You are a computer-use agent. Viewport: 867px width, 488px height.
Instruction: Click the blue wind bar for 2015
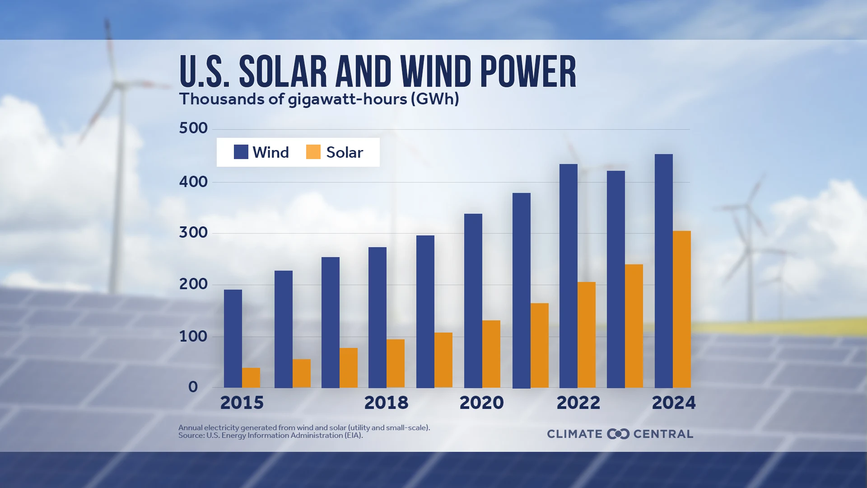click(233, 338)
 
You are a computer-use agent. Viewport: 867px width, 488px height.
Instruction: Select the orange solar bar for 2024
click(682, 309)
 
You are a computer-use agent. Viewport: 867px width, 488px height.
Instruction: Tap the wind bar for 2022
click(569, 276)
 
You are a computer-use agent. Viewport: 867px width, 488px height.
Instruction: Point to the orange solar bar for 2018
click(396, 363)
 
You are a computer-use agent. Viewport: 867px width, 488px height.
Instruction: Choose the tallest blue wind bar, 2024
click(664, 271)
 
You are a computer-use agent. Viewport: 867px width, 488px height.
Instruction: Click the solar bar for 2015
click(251, 378)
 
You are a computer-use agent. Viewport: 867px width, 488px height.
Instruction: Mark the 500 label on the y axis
click(193, 128)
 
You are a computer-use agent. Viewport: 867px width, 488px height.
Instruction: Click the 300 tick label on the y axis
click(193, 233)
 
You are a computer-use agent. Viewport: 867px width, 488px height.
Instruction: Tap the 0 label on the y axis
click(193, 387)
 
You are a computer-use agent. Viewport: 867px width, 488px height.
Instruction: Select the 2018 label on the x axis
click(386, 403)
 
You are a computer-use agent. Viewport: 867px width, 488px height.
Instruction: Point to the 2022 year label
click(578, 403)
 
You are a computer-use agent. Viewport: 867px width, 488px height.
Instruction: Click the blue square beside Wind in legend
click(241, 152)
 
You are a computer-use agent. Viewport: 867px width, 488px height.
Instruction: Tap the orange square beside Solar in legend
click(313, 152)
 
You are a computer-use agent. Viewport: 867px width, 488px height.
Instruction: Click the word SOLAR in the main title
click(283, 72)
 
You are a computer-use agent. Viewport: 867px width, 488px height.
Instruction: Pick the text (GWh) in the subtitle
click(435, 99)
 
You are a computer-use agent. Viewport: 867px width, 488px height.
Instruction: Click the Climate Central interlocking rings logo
click(618, 434)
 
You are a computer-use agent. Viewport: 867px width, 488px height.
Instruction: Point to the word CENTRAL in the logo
click(663, 434)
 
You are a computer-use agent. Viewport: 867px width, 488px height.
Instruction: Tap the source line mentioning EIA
click(270, 436)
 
